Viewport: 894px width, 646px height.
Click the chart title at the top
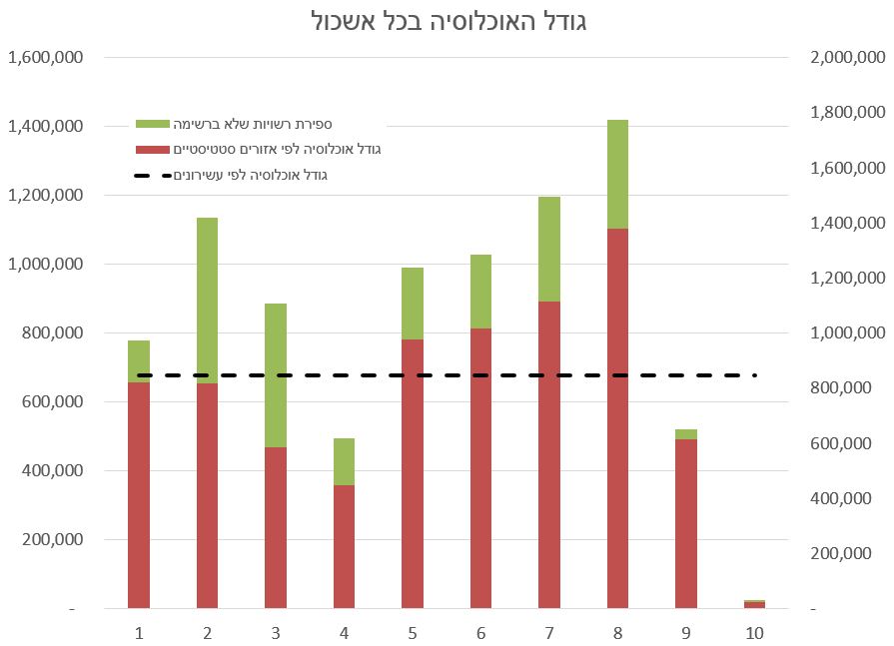click(447, 21)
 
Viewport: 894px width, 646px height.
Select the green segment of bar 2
click(207, 300)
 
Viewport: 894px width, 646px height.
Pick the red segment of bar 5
click(413, 473)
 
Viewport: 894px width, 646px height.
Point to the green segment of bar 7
click(549, 249)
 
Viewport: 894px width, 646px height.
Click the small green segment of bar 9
click(686, 434)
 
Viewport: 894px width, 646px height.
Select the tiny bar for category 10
click(754, 604)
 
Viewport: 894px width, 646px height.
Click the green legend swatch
click(153, 124)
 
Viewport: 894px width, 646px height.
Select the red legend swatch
click(153, 150)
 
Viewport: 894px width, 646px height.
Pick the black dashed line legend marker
click(153, 176)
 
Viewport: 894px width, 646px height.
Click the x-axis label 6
click(480, 632)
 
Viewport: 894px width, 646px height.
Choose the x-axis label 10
click(754, 632)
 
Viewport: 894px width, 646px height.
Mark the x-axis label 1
click(139, 632)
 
